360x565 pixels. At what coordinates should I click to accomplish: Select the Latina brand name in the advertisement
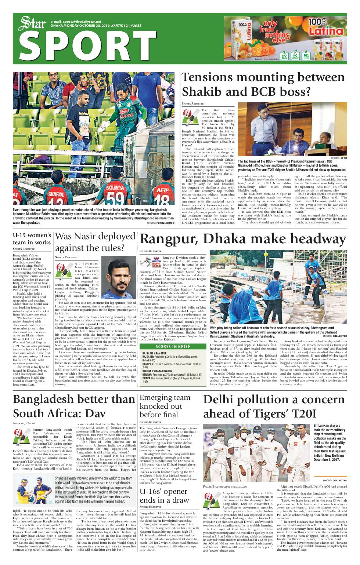pos(328,31)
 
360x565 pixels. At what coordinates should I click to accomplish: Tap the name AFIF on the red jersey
pos(162,191)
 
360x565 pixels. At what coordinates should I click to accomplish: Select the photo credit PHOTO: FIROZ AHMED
pos(161,223)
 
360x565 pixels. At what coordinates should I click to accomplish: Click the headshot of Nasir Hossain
pos(118,277)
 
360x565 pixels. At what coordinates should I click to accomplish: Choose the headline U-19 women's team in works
pos(32,238)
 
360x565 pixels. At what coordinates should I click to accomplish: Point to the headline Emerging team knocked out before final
pos(165,406)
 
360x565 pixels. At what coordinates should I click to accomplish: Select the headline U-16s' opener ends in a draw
pos(164,496)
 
